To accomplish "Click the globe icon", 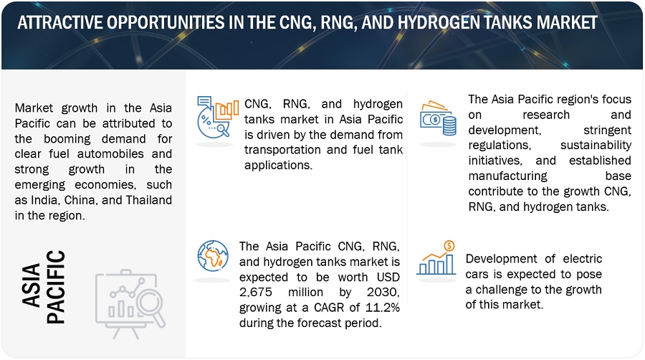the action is pyautogui.click(x=213, y=256).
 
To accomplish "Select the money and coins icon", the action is pyautogui.click(x=438, y=118).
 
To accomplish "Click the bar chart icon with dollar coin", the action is pyautogui.click(x=436, y=258).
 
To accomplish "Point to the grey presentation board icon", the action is pyautogui.click(x=130, y=303).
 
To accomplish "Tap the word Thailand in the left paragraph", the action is pyautogui.click(x=149, y=200).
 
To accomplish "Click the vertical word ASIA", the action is pyautogui.click(x=32, y=285).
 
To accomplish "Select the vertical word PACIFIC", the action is pyautogui.click(x=55, y=287).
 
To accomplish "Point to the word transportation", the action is pyautogui.click(x=283, y=149).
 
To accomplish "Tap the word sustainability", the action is pyautogui.click(x=596, y=145).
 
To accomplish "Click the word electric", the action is pyautogui.click(x=583, y=258).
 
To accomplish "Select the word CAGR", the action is pyautogui.click(x=330, y=308).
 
